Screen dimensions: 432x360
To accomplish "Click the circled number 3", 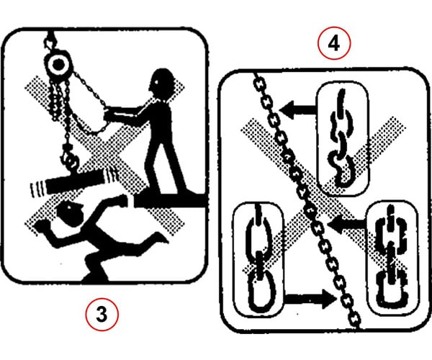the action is (x=102, y=315).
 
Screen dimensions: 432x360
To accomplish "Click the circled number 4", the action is (x=334, y=43).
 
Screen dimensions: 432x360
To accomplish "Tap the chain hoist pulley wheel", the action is (x=58, y=65).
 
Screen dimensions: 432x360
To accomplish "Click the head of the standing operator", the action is (x=163, y=83).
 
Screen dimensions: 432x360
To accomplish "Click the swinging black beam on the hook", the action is (x=76, y=181).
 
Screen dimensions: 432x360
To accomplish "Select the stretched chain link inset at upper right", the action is (x=341, y=138).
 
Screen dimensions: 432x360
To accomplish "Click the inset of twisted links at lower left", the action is (x=258, y=259).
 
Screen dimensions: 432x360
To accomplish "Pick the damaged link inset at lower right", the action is (x=391, y=258).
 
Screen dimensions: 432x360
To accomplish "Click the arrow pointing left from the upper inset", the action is (x=298, y=109).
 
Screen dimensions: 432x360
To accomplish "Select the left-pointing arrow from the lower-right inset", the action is (x=348, y=224).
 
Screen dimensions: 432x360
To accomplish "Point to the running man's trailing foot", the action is (x=159, y=238).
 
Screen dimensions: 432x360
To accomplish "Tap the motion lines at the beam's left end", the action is (x=36, y=189).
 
